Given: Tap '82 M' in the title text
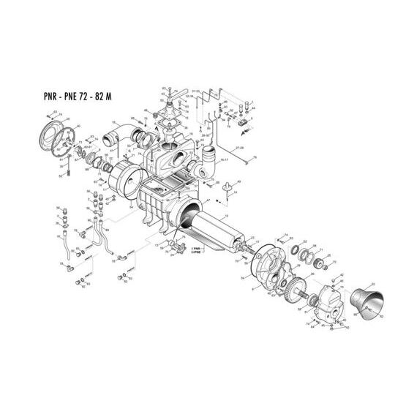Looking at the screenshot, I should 120,95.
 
